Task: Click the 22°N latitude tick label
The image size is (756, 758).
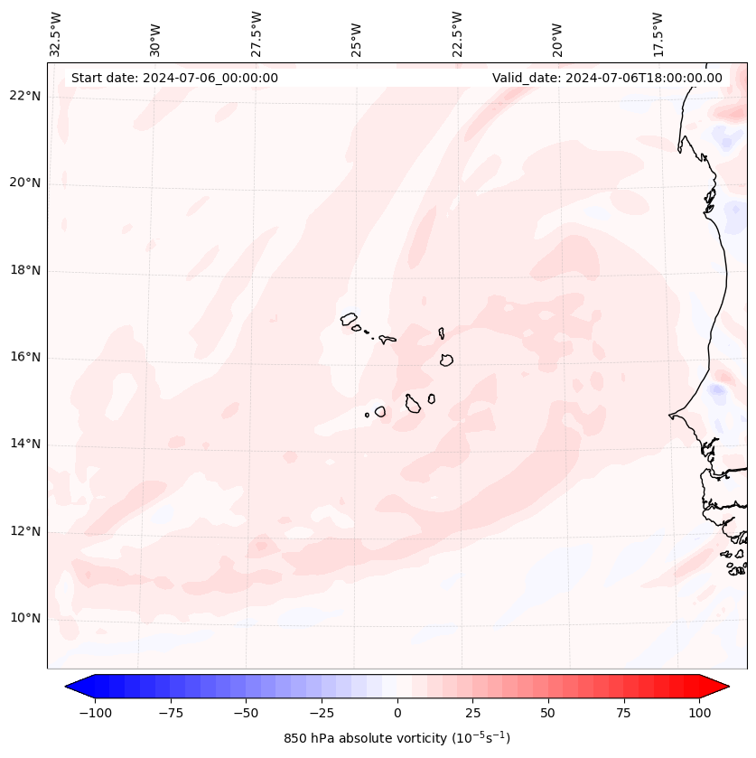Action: tap(24, 96)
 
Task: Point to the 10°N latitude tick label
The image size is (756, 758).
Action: tap(24, 619)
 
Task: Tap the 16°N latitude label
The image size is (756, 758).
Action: tap(24, 357)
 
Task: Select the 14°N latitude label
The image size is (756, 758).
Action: tap(24, 444)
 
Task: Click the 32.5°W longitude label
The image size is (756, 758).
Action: tap(56, 33)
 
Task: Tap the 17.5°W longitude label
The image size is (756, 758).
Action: tap(658, 33)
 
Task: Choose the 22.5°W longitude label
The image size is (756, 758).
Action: tap(457, 33)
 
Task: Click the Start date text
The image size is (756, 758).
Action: tap(174, 78)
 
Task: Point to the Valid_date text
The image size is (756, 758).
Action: tap(607, 78)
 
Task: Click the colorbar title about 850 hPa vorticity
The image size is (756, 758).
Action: tap(397, 738)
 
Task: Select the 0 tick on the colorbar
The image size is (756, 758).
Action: tap(397, 713)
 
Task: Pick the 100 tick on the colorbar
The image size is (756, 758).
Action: tap(699, 713)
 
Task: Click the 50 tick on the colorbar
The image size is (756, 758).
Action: tap(548, 713)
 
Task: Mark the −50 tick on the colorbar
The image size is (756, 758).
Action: tap(247, 713)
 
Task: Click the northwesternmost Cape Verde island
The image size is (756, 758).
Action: tap(349, 318)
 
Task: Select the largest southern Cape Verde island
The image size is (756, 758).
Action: tap(413, 404)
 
